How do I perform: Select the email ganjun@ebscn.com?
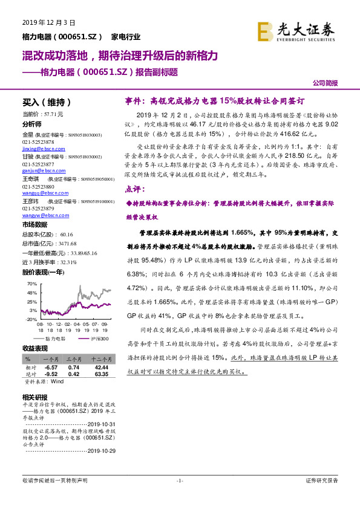pyautogui.click(x=39, y=170)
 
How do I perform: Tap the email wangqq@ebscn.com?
pyautogui.click(x=40, y=193)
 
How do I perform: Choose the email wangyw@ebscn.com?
pyautogui.click(x=41, y=216)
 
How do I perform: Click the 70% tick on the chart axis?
pyautogui.click(x=32, y=284)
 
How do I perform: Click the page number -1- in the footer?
pyautogui.click(x=179, y=481)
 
